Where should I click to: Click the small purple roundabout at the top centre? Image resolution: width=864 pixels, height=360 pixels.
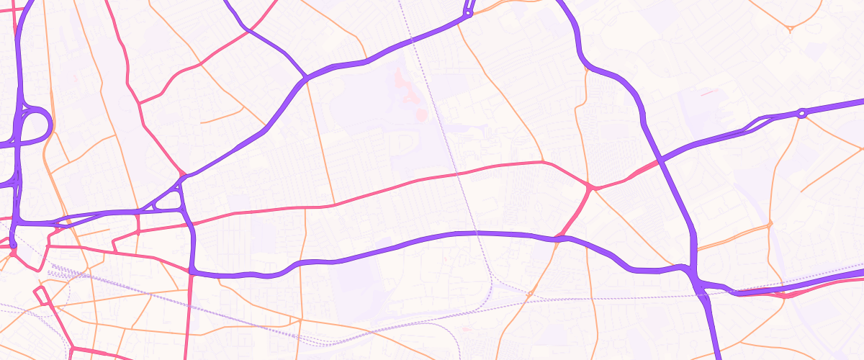click(469, 12)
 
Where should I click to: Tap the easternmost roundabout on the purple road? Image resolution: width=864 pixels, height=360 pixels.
click(801, 113)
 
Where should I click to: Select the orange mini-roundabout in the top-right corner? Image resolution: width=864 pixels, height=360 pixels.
click(790, 29)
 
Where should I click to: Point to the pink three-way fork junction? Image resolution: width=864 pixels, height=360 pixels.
click(590, 187)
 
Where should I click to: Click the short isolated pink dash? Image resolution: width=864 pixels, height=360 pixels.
click(708, 92)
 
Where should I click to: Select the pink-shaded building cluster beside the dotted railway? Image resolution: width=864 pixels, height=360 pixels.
click(420, 113)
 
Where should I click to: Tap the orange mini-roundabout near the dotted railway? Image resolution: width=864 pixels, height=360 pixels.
click(529, 294)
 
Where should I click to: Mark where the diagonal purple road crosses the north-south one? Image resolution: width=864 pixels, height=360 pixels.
click(658, 160)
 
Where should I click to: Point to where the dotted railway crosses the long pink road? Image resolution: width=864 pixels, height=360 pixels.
click(456, 174)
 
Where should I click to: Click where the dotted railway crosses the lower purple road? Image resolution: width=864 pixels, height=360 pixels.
click(476, 233)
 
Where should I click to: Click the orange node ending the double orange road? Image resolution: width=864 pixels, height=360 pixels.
click(770, 225)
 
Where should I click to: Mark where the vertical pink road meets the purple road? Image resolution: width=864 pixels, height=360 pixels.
click(192, 272)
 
